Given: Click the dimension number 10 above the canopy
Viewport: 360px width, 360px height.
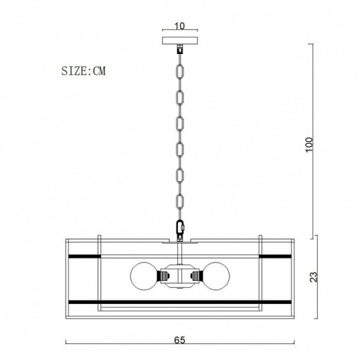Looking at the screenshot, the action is click(x=179, y=26).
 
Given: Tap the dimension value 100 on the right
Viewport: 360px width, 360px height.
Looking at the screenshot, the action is click(x=309, y=145).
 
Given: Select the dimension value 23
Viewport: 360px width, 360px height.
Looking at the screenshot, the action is click(x=314, y=277).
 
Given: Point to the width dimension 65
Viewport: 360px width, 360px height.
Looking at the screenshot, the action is click(x=179, y=340).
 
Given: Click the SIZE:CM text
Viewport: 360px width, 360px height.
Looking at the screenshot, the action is click(x=84, y=71).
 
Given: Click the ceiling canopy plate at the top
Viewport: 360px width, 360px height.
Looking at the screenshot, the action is click(x=180, y=41).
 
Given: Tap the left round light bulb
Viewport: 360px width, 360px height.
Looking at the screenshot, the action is click(x=144, y=276).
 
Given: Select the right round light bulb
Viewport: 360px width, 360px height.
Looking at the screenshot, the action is click(x=217, y=276).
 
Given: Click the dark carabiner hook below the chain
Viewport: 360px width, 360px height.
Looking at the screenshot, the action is click(x=180, y=227).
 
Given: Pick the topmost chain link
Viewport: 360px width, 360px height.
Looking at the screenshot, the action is click(x=180, y=71).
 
